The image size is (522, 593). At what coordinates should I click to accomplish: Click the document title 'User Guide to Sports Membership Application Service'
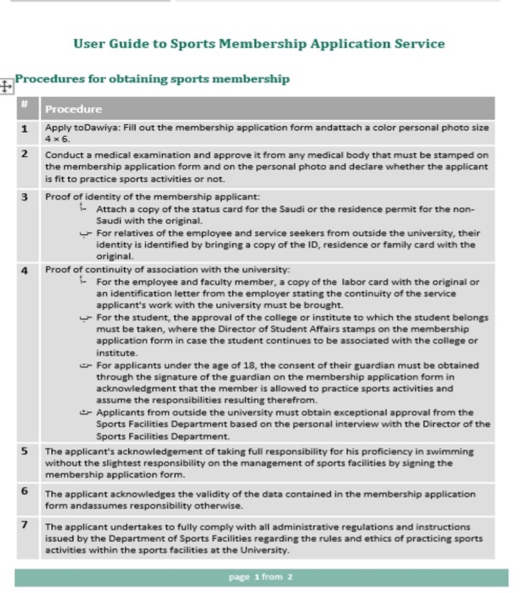(x=259, y=44)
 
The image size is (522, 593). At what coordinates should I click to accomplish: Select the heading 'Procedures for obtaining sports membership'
(x=152, y=79)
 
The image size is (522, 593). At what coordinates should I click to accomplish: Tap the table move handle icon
(x=6, y=86)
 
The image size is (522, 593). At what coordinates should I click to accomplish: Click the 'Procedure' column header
(x=73, y=109)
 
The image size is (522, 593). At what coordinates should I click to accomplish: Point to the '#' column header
(x=24, y=104)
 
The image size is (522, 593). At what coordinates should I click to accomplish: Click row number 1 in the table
(x=25, y=128)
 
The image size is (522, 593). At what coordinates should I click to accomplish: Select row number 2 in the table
(x=25, y=153)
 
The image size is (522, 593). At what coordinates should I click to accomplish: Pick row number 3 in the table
(x=25, y=197)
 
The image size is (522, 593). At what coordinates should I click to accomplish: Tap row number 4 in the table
(x=25, y=270)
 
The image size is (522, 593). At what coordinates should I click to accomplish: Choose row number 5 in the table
(x=25, y=451)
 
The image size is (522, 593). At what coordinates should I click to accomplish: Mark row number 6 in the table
(x=25, y=491)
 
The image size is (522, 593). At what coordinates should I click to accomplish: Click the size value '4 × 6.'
(x=57, y=139)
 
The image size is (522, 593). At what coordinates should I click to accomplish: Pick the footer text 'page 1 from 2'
(x=261, y=576)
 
